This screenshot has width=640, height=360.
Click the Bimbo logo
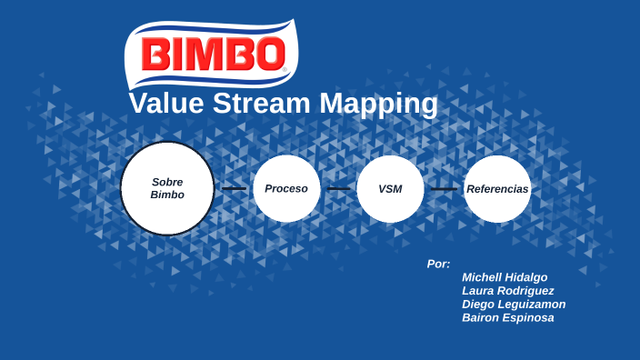click(x=211, y=55)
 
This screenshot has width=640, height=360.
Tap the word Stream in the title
click(x=264, y=104)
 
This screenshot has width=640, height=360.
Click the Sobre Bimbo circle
click(x=167, y=188)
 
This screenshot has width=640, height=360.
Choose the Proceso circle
click(x=286, y=188)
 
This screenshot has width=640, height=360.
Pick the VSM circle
click(x=390, y=188)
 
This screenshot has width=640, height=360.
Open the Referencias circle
click(x=497, y=188)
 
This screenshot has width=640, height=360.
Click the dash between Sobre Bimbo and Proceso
click(x=235, y=189)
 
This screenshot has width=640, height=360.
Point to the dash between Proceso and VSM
click(x=338, y=189)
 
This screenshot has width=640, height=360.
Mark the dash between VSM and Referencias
click(x=444, y=189)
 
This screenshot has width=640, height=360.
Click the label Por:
click(x=438, y=264)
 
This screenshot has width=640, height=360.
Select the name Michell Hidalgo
click(x=505, y=277)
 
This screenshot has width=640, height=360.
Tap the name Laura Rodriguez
click(x=507, y=291)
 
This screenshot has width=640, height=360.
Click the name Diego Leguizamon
click(x=514, y=305)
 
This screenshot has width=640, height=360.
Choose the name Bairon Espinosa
click(x=507, y=318)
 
